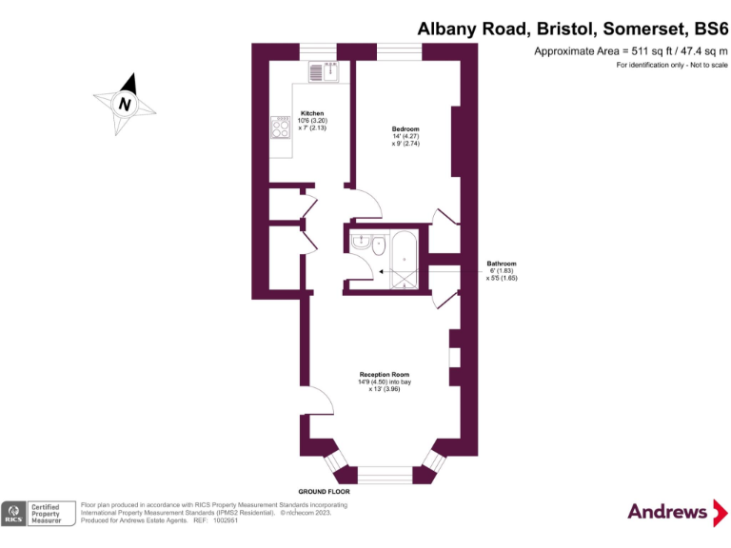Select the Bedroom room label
pyautogui.click(x=405, y=128)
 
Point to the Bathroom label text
pyautogui.click(x=502, y=264)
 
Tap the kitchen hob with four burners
pyautogui.click(x=281, y=126)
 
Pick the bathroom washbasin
pyautogui.click(x=360, y=242)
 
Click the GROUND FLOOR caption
pyautogui.click(x=325, y=492)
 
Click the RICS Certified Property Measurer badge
pyautogui.click(x=38, y=513)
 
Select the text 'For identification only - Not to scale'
pyautogui.click(x=672, y=65)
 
